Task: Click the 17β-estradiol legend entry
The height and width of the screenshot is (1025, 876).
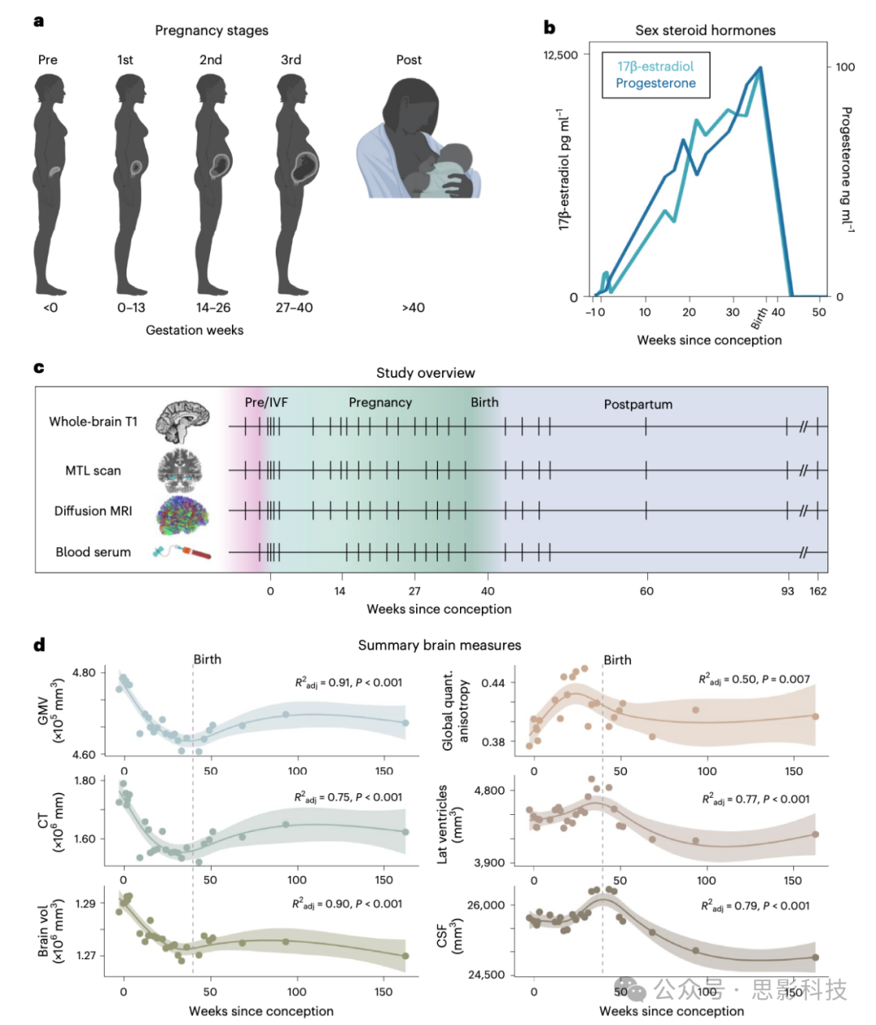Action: (655, 66)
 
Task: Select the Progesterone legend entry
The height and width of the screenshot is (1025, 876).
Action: (655, 84)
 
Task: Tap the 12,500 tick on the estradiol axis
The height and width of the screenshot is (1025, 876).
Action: (560, 55)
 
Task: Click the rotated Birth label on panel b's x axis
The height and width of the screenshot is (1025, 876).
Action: (759, 319)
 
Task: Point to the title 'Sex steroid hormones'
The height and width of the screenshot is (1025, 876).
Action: (705, 31)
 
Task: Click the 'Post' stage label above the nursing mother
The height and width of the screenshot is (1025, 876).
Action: (409, 60)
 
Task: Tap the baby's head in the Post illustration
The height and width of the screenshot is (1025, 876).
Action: (457, 157)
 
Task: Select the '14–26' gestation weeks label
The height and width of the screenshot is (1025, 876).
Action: (213, 308)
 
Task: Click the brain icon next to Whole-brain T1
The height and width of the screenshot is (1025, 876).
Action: (182, 422)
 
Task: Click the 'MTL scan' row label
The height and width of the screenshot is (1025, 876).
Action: (93, 471)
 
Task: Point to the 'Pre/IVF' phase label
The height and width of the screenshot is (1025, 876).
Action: (266, 403)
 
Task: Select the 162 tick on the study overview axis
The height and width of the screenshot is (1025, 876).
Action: (818, 591)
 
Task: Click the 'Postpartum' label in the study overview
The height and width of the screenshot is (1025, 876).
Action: (638, 405)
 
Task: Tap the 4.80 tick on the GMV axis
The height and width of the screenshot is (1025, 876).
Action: (84, 673)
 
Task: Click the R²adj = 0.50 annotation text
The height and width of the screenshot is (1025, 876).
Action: (754, 680)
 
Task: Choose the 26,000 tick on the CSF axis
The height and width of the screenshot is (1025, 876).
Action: (486, 905)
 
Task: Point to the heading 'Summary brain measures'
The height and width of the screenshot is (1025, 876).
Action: (440, 645)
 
